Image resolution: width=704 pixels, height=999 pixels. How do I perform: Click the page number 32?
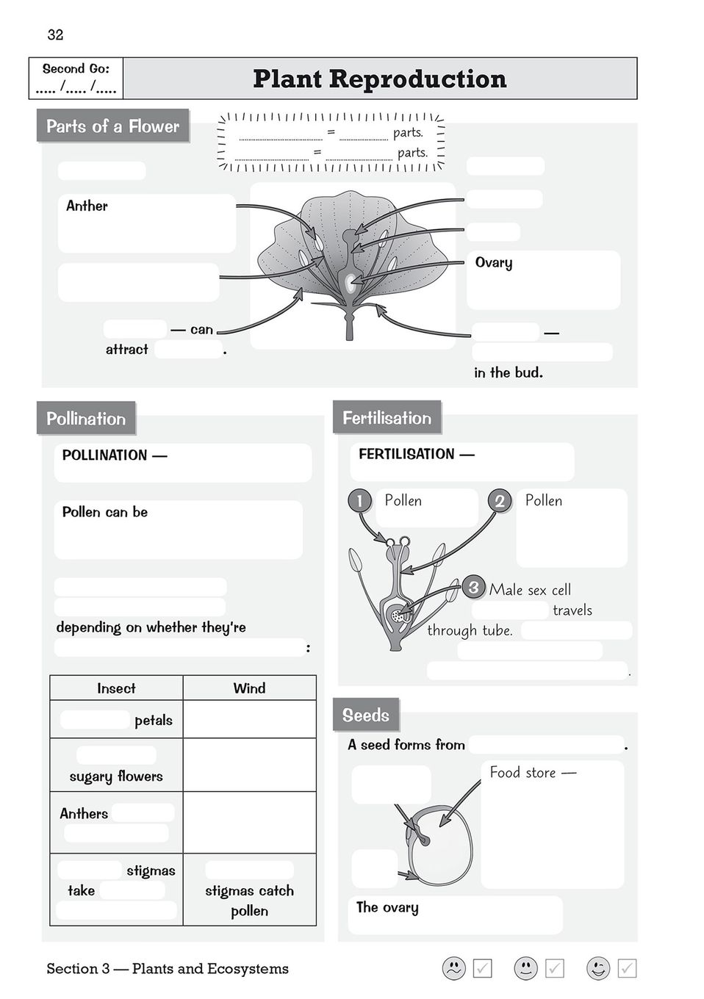point(55,35)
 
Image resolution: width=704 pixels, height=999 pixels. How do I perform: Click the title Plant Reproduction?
point(379,79)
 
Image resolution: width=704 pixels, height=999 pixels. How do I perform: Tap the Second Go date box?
point(76,79)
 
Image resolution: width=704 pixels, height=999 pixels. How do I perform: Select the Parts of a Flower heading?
point(112,126)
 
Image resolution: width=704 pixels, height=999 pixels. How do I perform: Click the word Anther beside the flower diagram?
point(87,206)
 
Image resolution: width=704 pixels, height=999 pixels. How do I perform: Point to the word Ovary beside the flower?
point(494,263)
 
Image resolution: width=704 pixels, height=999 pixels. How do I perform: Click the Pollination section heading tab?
point(86,419)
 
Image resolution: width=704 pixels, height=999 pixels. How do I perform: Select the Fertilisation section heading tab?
point(387,418)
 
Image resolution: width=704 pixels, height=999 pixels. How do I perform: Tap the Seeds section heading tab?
point(366,715)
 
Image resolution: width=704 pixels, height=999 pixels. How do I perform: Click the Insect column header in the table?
point(116,688)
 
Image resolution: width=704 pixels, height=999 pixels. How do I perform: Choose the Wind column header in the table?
point(249,688)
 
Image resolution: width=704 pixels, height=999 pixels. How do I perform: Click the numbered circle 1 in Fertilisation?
point(359,501)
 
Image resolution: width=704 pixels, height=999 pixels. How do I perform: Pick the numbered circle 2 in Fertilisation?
point(500,501)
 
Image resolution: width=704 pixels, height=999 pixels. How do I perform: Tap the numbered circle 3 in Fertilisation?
point(473,588)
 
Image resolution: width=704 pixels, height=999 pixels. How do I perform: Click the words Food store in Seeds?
point(523,772)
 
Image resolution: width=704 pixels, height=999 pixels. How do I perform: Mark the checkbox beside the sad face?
point(482,968)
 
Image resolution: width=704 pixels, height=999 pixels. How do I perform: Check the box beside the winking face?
point(627,968)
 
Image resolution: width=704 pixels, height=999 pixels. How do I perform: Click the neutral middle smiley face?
point(525,968)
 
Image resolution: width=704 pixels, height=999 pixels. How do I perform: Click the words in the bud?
point(509,372)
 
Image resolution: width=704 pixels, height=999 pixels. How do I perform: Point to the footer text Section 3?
point(168,969)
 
